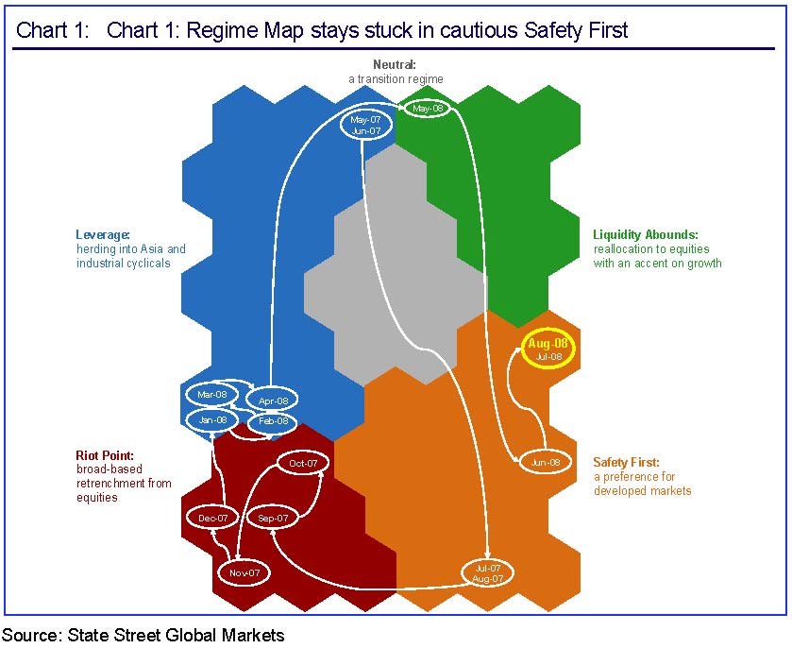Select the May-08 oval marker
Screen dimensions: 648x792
click(x=428, y=109)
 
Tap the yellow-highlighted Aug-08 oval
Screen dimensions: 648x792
click(x=548, y=350)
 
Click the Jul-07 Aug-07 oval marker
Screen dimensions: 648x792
click(x=487, y=572)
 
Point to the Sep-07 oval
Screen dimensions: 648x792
click(x=273, y=518)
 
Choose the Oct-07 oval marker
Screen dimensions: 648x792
click(x=303, y=464)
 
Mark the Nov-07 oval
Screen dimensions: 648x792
click(x=244, y=572)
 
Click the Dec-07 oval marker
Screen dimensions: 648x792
click(x=213, y=519)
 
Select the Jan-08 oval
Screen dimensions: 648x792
click(x=212, y=419)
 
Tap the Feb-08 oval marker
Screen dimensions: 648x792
click(x=273, y=421)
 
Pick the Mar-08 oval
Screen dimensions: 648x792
click(x=212, y=394)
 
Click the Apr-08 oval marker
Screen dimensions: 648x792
click(x=272, y=401)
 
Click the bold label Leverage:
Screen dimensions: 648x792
click(x=103, y=235)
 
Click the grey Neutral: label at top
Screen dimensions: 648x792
click(x=395, y=64)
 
